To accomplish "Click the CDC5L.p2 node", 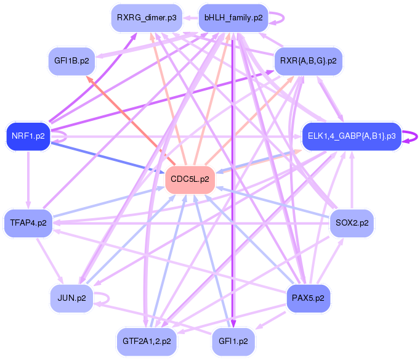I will [x=190, y=179].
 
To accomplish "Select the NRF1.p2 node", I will [x=28, y=136].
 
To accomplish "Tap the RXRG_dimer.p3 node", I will [x=146, y=18].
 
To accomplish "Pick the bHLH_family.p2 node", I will [x=233, y=18].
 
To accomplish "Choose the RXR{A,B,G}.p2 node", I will [x=308, y=61].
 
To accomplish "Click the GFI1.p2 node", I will [x=233, y=340].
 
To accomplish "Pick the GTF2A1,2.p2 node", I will [x=147, y=340].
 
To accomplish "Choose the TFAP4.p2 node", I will [x=28, y=223].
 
